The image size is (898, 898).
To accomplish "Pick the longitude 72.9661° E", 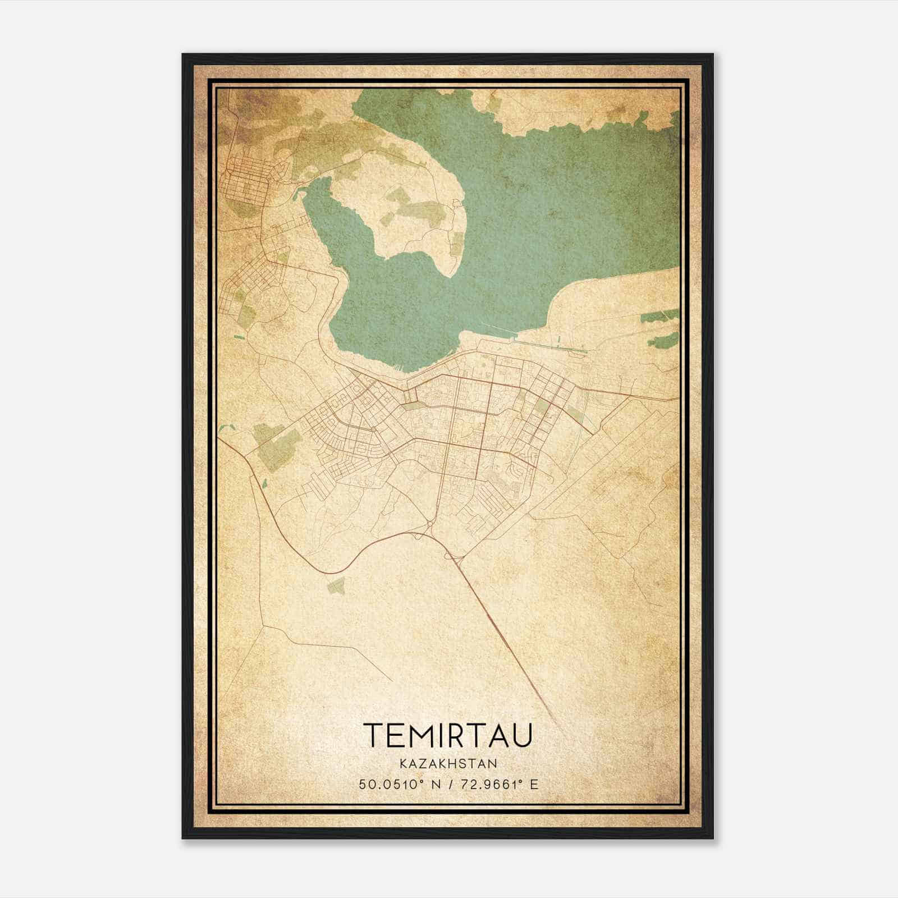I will tap(497, 784).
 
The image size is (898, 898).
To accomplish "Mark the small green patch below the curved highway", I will tap(337, 587).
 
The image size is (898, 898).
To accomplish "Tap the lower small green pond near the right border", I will tap(666, 340).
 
